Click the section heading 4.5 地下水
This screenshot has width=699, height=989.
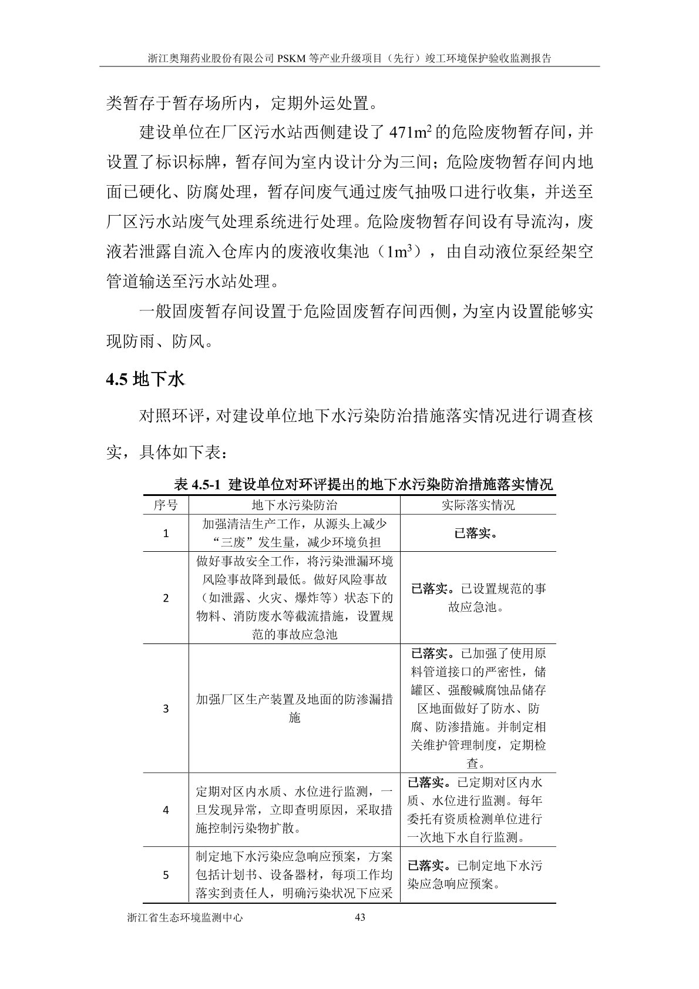tap(145, 379)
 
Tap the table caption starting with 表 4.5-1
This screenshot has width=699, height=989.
tap(364, 485)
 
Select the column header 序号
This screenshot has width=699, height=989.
tap(166, 505)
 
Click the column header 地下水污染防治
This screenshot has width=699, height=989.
tap(294, 505)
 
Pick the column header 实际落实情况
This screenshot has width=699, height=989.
tap(478, 505)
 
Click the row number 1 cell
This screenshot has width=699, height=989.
tap(166, 533)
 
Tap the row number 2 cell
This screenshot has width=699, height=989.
tap(166, 598)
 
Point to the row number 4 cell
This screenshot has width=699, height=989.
tap(166, 809)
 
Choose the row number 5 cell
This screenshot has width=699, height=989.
tap(166, 874)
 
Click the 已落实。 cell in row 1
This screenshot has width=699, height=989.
tap(478, 533)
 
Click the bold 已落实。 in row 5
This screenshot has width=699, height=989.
tap(431, 866)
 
